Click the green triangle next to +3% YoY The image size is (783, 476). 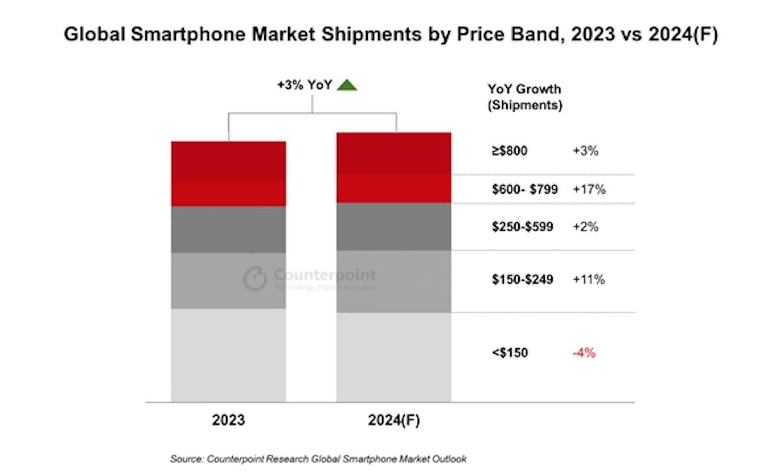point(347,86)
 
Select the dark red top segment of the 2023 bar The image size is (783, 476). point(229,161)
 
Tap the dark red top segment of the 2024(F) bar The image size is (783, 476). point(394,153)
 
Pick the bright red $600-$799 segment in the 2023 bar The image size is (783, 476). point(229,194)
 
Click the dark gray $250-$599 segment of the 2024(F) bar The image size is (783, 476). point(394,227)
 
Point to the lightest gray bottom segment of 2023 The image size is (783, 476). point(229,355)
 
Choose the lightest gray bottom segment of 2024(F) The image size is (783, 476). point(394,357)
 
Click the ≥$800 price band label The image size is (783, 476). point(509,151)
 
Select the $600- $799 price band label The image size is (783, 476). point(524,189)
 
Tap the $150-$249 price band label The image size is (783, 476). point(523,279)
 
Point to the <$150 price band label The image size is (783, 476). point(510,353)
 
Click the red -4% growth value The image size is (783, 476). point(584,353)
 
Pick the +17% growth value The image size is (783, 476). point(589,189)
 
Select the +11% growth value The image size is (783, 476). point(589,279)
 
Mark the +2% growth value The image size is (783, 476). point(586,227)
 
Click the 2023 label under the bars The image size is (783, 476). point(229,420)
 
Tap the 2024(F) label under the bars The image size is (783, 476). point(394,420)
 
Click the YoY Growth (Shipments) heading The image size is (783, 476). point(525,97)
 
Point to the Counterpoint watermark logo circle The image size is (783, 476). point(255,279)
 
